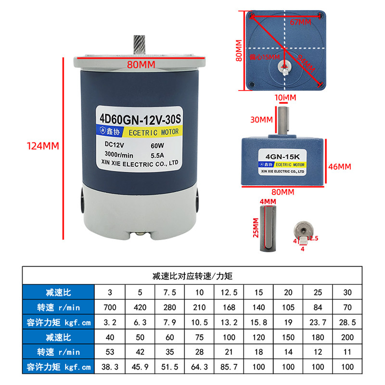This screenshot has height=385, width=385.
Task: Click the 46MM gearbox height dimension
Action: [x=340, y=167]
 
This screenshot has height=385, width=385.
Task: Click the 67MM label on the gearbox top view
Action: [x=300, y=22]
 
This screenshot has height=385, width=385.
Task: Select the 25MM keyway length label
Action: [x=257, y=228]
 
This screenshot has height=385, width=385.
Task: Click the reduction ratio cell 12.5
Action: [x=229, y=292]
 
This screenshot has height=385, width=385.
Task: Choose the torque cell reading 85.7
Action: [x=229, y=367]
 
